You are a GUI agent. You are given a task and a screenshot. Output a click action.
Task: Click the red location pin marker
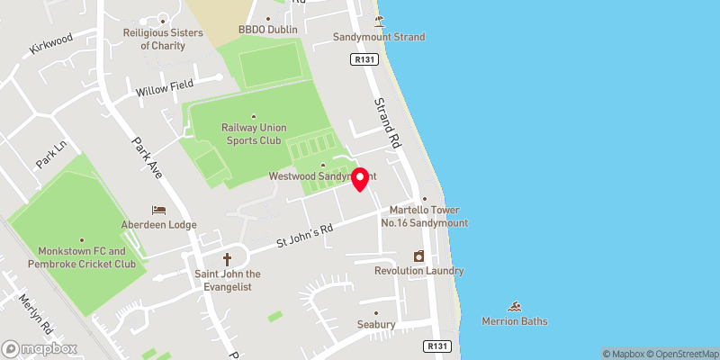point(360,178)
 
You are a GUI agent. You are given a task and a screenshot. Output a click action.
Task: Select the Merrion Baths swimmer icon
point(515,307)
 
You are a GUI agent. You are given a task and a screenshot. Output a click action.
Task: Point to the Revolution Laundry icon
point(418,256)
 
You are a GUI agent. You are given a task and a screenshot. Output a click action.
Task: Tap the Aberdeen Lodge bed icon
point(158,210)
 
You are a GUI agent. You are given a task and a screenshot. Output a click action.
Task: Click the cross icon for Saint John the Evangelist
point(227,258)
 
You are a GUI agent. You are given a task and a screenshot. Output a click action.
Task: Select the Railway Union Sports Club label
point(253,134)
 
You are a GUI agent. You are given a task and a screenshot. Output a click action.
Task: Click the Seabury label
point(376,324)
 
